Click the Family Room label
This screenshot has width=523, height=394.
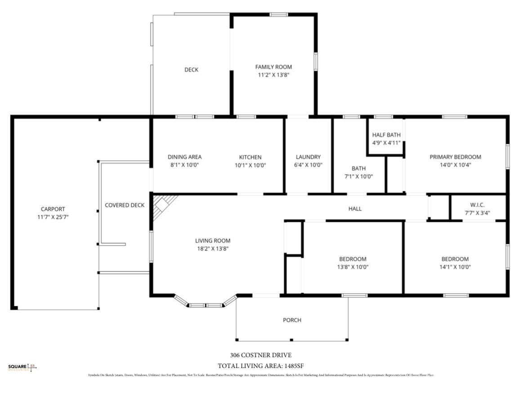(x=273, y=67)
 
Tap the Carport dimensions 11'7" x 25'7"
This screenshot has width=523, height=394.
(x=53, y=217)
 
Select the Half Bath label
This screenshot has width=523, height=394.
(x=386, y=135)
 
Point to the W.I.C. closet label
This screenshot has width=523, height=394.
(x=477, y=205)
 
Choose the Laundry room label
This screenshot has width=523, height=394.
(x=308, y=157)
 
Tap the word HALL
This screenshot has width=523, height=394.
(x=355, y=208)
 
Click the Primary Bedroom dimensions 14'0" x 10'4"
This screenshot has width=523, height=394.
(x=455, y=164)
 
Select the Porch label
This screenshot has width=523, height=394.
(x=292, y=320)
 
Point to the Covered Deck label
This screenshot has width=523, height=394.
(x=125, y=205)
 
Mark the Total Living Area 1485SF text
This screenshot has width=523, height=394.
(x=263, y=366)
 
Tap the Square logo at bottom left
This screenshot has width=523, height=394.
(x=22, y=367)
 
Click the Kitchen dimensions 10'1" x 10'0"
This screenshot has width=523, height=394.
(x=250, y=165)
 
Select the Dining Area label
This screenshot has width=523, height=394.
(x=184, y=157)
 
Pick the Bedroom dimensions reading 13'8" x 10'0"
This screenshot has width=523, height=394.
(x=352, y=266)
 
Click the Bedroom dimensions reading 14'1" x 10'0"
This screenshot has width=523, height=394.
(x=455, y=266)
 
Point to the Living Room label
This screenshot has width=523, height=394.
(x=213, y=240)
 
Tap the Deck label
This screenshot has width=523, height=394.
(x=191, y=70)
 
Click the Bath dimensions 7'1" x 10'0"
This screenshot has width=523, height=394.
(x=358, y=176)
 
